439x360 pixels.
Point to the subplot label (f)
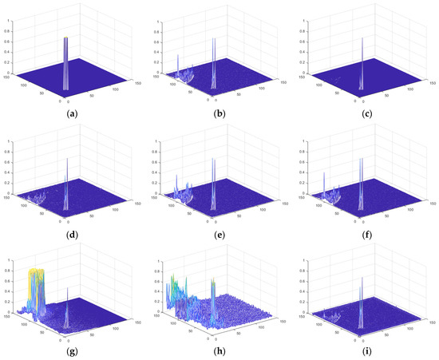pos(364,231)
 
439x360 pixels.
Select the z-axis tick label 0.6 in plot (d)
pos(7,162)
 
